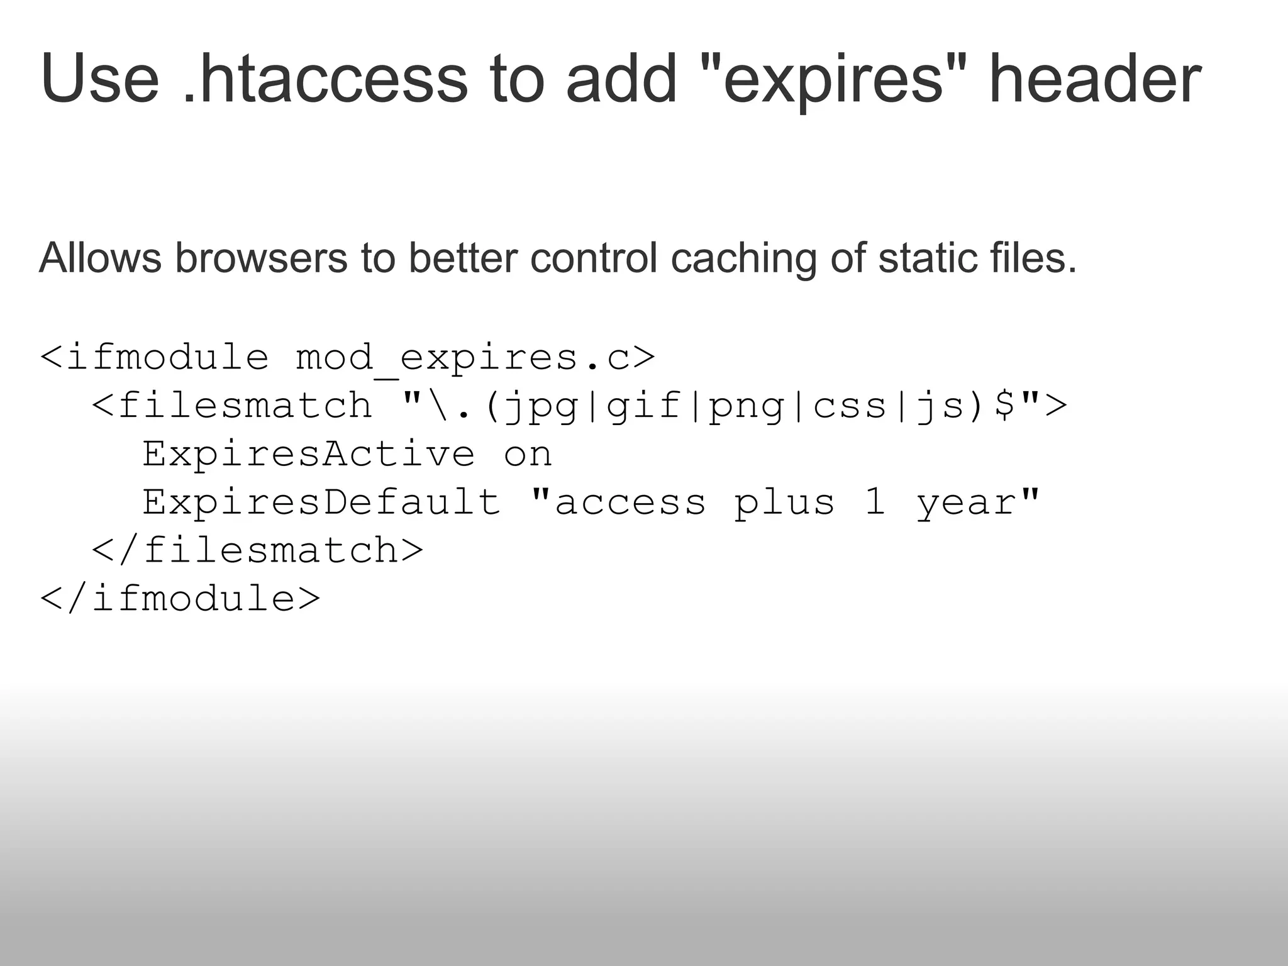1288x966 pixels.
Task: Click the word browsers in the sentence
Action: pos(261,258)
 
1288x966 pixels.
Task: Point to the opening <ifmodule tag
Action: pos(155,357)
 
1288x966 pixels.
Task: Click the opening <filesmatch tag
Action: pos(233,405)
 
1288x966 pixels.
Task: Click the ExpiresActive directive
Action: pos(309,454)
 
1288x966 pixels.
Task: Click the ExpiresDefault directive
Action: pos(321,502)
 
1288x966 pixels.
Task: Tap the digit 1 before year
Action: pos(875,502)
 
